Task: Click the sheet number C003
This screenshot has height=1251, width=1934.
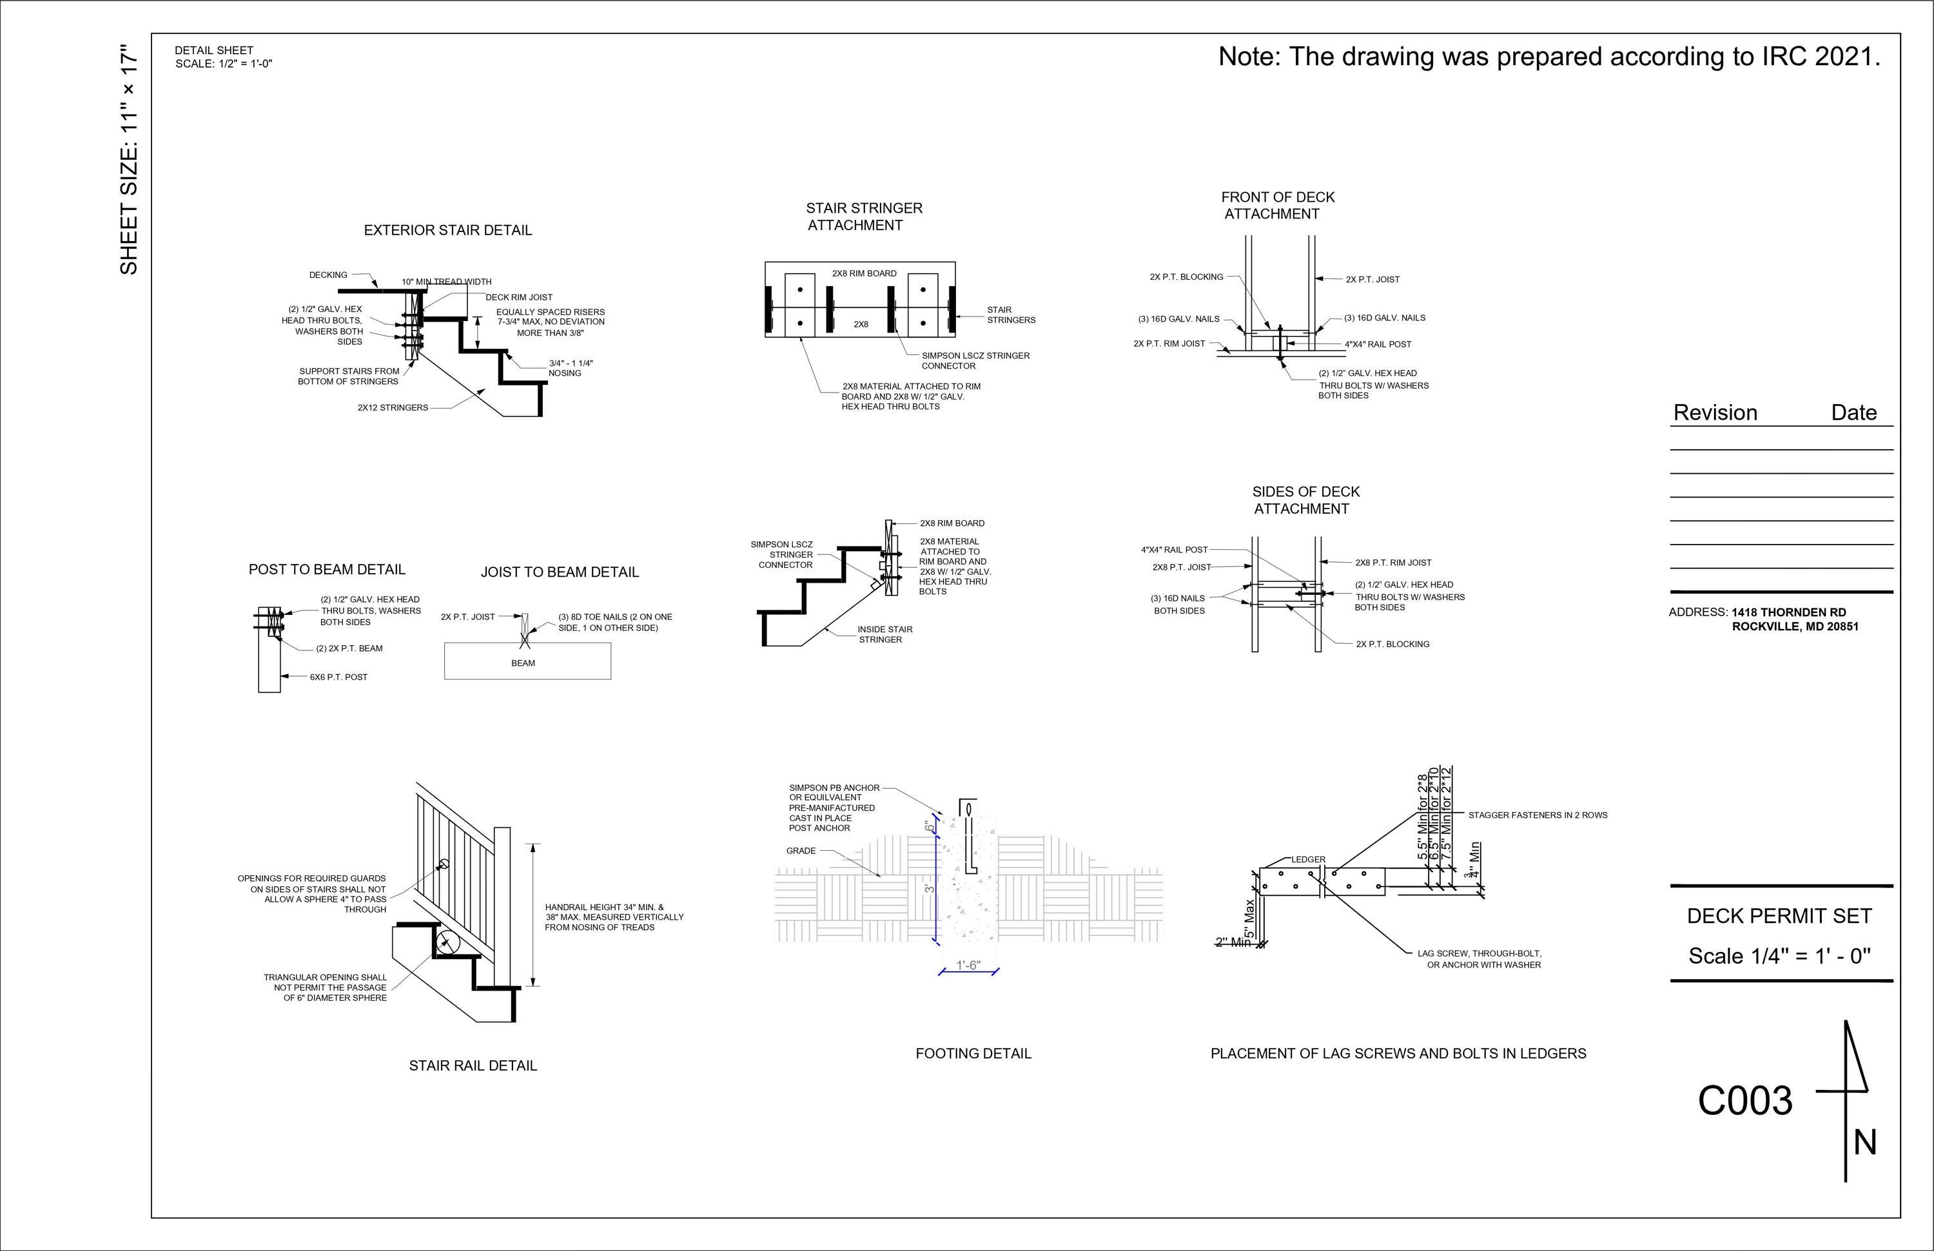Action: pyautogui.click(x=1744, y=1101)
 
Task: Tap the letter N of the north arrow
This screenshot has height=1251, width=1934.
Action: pyautogui.click(x=1865, y=1143)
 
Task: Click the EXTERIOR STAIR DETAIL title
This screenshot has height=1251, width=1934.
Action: pyautogui.click(x=448, y=231)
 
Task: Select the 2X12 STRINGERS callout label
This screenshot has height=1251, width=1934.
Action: pyautogui.click(x=393, y=408)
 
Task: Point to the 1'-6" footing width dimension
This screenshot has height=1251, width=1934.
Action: pyautogui.click(x=968, y=965)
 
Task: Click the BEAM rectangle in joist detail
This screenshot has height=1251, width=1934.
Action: pyautogui.click(x=527, y=661)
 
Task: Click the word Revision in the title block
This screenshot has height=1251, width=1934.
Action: pyautogui.click(x=1715, y=412)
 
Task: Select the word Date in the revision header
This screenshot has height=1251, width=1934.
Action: pyautogui.click(x=1853, y=412)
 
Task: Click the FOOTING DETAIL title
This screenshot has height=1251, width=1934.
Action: pyautogui.click(x=973, y=1054)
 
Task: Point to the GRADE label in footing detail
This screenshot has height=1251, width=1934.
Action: pyautogui.click(x=801, y=851)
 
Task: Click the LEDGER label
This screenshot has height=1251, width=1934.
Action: pyautogui.click(x=1308, y=859)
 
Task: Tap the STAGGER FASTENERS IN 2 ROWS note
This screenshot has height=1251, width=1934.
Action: pyautogui.click(x=1538, y=815)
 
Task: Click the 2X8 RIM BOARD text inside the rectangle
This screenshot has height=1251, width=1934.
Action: pyautogui.click(x=864, y=274)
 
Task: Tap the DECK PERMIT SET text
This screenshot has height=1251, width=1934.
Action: pyautogui.click(x=1779, y=916)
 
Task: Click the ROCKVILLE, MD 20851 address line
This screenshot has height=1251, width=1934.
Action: pyautogui.click(x=1794, y=626)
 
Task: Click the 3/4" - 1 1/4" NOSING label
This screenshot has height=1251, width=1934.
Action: pyautogui.click(x=570, y=368)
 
